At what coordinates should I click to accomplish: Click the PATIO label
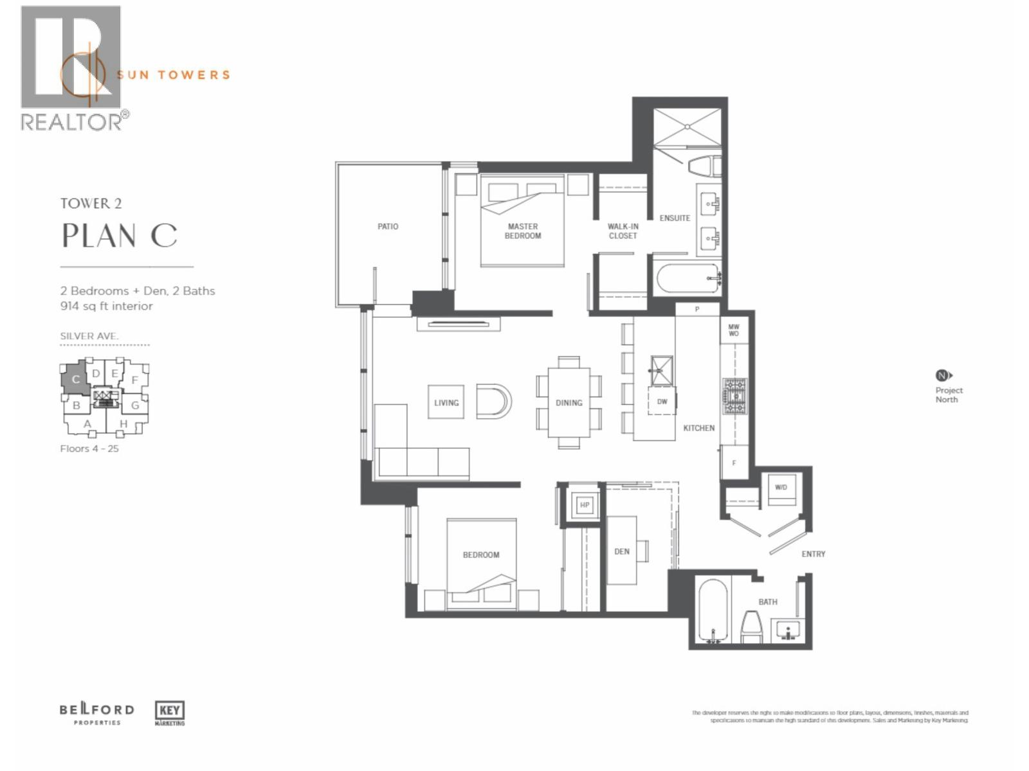click(388, 226)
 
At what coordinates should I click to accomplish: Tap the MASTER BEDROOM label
click(523, 231)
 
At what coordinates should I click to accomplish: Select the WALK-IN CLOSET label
click(623, 231)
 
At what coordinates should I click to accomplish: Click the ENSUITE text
click(675, 218)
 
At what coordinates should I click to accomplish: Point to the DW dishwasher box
click(662, 401)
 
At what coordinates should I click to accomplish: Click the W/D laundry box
click(781, 488)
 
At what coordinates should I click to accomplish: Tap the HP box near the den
click(585, 505)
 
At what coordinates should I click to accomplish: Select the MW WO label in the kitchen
click(734, 330)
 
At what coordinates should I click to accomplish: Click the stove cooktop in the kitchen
click(734, 396)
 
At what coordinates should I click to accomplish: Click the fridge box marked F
click(734, 463)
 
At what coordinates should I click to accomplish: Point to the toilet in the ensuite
click(704, 166)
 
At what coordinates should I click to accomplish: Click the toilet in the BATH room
click(751, 627)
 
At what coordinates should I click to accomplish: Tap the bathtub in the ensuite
click(687, 278)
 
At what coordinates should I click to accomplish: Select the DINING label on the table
click(569, 403)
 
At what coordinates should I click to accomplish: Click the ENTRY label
click(813, 554)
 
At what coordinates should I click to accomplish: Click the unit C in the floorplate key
click(75, 379)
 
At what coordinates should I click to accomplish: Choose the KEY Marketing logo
click(170, 713)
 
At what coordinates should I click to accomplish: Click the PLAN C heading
click(119, 236)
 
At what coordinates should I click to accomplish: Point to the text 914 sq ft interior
click(107, 306)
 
